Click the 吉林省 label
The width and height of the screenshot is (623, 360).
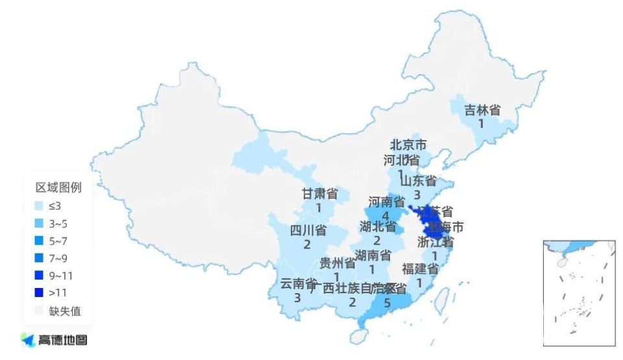click(x=482, y=110)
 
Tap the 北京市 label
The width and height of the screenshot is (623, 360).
click(x=408, y=145)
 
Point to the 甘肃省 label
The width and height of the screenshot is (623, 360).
click(x=320, y=194)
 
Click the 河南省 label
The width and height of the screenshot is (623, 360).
click(x=386, y=202)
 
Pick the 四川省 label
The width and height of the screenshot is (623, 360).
click(x=308, y=231)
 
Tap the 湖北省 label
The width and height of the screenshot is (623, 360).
click(x=378, y=227)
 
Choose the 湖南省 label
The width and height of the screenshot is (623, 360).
click(x=373, y=255)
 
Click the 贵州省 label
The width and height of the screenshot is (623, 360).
click(x=337, y=263)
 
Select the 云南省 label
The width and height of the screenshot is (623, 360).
click(x=298, y=284)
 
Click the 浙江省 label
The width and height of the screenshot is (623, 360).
click(x=435, y=242)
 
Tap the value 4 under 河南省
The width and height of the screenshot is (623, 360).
click(x=386, y=215)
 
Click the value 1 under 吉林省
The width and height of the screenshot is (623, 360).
click(x=482, y=123)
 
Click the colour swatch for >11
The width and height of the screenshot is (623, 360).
click(x=40, y=293)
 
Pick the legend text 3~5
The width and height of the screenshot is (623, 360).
click(x=58, y=224)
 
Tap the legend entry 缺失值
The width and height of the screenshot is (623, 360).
click(x=65, y=311)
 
